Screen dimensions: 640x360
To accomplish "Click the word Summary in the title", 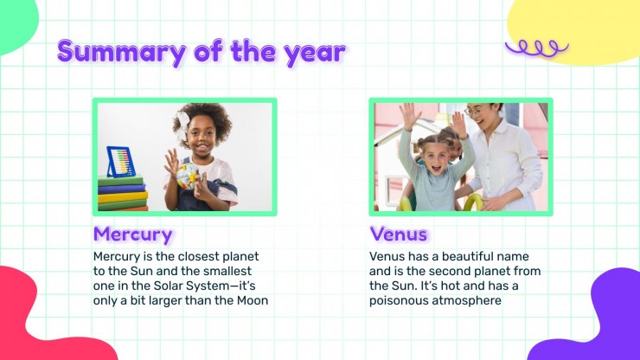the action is coord(122,52).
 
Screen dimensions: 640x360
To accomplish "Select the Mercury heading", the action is coord(132,235).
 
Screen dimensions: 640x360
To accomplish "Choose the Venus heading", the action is coord(399,235).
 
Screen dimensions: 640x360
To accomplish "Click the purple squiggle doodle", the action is coord(537,48).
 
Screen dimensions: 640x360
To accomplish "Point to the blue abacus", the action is coord(121,162).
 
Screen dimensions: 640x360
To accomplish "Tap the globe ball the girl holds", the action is coord(187,177).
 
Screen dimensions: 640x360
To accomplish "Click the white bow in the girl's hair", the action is coord(182,125).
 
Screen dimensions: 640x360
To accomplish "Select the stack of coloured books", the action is coord(122,193).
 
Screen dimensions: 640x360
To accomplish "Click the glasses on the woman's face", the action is coord(477,110).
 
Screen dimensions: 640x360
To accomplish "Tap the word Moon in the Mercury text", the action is coord(253,300).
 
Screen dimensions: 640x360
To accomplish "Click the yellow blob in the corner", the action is coord(575,29).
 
